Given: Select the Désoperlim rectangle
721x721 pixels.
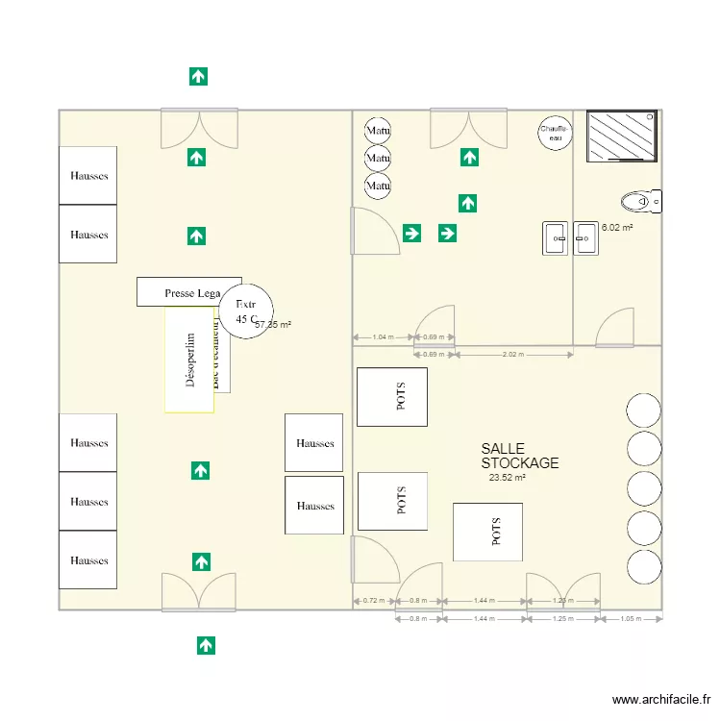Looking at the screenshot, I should coord(189,360).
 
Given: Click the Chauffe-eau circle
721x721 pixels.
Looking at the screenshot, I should coord(555,134).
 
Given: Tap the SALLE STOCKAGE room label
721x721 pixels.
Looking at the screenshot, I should coord(519,456).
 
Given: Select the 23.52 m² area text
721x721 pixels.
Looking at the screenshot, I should coord(507,478).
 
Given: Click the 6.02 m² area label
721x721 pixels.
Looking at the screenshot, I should coord(617,228).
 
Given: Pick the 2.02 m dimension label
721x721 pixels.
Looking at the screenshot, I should coord(512,355).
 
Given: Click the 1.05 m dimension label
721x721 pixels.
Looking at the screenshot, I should coord(631,619).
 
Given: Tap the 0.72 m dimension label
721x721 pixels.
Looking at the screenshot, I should coord(373,601).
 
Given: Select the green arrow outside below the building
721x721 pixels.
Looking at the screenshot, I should coord(205,645).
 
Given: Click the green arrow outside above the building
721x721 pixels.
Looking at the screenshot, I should coord(198,77).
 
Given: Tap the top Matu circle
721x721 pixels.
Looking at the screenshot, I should coord(378,131).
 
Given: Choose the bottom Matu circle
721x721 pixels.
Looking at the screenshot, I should coord(378,186).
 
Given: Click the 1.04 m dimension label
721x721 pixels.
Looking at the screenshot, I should coord(383,337).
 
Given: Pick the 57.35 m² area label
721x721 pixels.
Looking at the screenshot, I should coord(273,325).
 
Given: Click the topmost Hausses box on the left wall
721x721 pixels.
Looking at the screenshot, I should coord(88,176).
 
